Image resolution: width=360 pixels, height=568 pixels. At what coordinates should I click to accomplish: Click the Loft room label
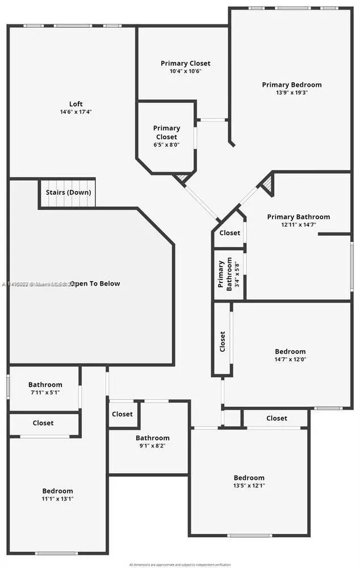point(76,104)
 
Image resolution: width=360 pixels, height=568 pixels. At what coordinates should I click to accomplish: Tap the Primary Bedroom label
point(291,85)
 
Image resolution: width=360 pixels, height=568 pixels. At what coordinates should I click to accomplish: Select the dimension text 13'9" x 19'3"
point(291,93)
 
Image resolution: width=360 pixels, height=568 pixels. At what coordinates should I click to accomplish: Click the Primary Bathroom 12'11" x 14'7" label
point(298,217)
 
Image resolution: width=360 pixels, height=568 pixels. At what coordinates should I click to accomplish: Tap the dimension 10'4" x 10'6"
point(185,71)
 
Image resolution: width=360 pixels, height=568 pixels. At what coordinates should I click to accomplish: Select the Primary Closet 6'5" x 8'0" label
point(166,128)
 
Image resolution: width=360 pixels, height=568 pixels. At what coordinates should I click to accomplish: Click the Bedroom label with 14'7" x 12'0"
point(290,352)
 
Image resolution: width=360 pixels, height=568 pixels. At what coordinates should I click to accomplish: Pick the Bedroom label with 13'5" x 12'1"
point(249,478)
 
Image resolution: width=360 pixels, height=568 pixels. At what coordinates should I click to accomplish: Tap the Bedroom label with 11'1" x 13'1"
point(57,491)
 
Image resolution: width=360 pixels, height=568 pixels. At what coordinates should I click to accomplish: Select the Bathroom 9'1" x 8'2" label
point(152,438)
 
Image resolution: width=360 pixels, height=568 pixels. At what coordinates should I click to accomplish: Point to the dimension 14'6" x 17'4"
point(76,112)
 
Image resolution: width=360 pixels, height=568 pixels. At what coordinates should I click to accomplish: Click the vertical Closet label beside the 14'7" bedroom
point(223,341)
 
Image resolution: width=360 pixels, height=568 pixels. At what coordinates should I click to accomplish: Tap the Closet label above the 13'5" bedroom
point(277,418)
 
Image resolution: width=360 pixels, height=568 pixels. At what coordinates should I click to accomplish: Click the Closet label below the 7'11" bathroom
point(43,423)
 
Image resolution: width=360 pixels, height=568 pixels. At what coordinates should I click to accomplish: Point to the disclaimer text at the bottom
point(180,565)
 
